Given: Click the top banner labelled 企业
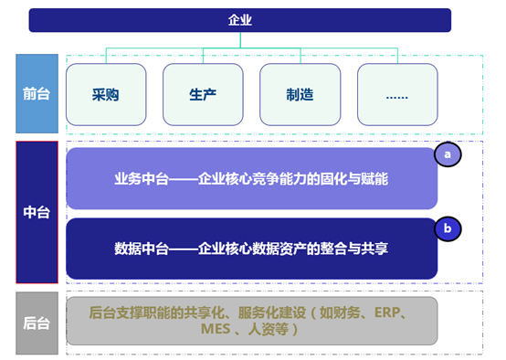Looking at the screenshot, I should [x=240, y=19].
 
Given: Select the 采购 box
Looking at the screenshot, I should [x=108, y=94].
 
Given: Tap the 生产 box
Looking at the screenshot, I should [x=203, y=94].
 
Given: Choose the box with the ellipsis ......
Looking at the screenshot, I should [x=397, y=94].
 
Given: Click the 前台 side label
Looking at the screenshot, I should [x=37, y=93].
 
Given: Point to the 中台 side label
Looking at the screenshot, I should [x=37, y=213].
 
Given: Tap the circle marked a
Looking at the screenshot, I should [x=448, y=154].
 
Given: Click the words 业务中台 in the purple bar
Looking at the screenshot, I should [x=141, y=179].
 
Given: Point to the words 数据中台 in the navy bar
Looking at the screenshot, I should [x=141, y=248].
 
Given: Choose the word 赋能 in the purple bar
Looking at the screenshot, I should [x=375, y=179].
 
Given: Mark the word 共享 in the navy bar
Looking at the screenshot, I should [x=375, y=248].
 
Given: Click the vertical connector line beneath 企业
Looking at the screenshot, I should [x=240, y=39].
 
